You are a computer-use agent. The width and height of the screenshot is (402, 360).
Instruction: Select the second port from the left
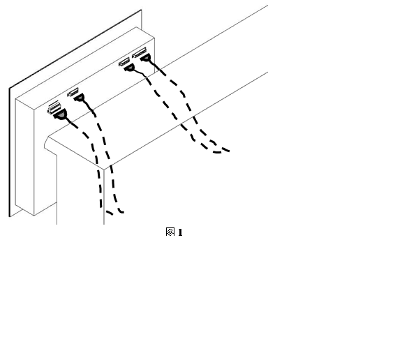point(73,92)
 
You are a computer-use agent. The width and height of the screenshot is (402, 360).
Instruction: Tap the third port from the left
point(124,62)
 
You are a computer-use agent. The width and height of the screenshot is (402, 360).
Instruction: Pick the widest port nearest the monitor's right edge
point(139,52)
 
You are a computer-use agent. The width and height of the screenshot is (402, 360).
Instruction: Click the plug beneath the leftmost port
point(61,114)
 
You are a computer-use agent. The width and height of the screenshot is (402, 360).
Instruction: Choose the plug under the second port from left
point(80,98)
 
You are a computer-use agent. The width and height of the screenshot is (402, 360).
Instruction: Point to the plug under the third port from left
point(130,68)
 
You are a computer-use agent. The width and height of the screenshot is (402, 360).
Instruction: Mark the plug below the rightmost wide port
point(145,58)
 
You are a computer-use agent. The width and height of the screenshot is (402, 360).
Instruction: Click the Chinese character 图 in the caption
point(170,232)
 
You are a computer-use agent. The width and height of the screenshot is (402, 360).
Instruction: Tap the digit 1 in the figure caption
point(180,232)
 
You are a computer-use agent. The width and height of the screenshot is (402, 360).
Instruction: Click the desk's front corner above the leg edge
point(104,170)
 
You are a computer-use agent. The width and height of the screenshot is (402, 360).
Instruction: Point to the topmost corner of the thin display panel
point(141,10)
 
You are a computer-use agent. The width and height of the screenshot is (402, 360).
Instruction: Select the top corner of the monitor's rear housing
point(136,27)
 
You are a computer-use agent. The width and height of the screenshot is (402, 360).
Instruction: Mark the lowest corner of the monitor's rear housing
point(34,216)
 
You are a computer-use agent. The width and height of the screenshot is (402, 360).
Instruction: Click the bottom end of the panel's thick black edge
point(10,217)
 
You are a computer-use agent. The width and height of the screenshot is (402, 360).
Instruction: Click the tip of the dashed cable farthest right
point(229,151)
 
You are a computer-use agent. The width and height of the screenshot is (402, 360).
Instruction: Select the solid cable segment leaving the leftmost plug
point(72,123)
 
